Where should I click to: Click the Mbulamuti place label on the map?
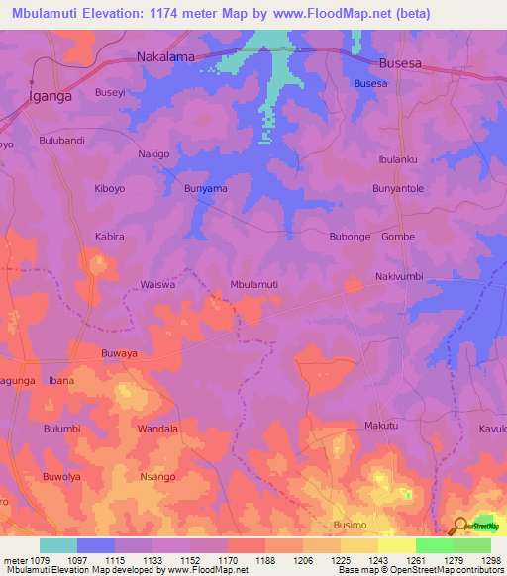(x=253, y=284)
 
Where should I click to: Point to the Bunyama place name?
(x=206, y=188)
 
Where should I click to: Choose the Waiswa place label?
(x=157, y=284)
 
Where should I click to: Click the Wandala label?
(x=157, y=429)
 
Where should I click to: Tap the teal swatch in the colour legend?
(x=57, y=545)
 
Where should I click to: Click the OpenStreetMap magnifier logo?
(x=461, y=526)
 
